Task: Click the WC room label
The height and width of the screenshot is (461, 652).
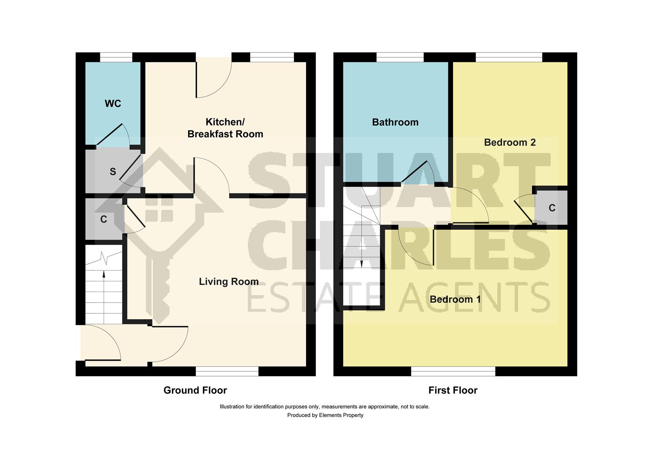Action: click(x=113, y=104)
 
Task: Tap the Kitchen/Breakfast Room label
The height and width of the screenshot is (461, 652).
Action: click(x=225, y=128)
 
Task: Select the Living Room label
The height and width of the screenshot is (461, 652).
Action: click(x=229, y=282)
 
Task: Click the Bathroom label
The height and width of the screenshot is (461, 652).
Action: click(x=395, y=123)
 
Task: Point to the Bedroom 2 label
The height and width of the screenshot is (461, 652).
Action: click(x=509, y=143)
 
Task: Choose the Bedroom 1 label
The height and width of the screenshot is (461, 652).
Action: click(x=455, y=299)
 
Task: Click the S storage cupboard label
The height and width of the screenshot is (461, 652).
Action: click(x=113, y=172)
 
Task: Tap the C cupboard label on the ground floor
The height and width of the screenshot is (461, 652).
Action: click(x=103, y=219)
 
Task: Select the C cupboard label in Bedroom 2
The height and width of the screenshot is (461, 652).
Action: click(x=552, y=208)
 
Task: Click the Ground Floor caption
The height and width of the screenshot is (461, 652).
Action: click(x=195, y=390)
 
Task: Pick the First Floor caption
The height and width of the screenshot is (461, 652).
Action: click(x=453, y=390)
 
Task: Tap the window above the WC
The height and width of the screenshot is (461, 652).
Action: click(x=116, y=57)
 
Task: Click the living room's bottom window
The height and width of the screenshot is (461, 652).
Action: click(x=227, y=371)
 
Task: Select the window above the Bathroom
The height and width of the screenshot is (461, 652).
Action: click(x=400, y=57)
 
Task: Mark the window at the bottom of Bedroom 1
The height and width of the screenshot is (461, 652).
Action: click(x=453, y=371)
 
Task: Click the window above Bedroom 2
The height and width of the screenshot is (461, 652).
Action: click(x=509, y=57)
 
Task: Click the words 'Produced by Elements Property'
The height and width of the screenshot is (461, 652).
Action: click(x=325, y=415)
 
